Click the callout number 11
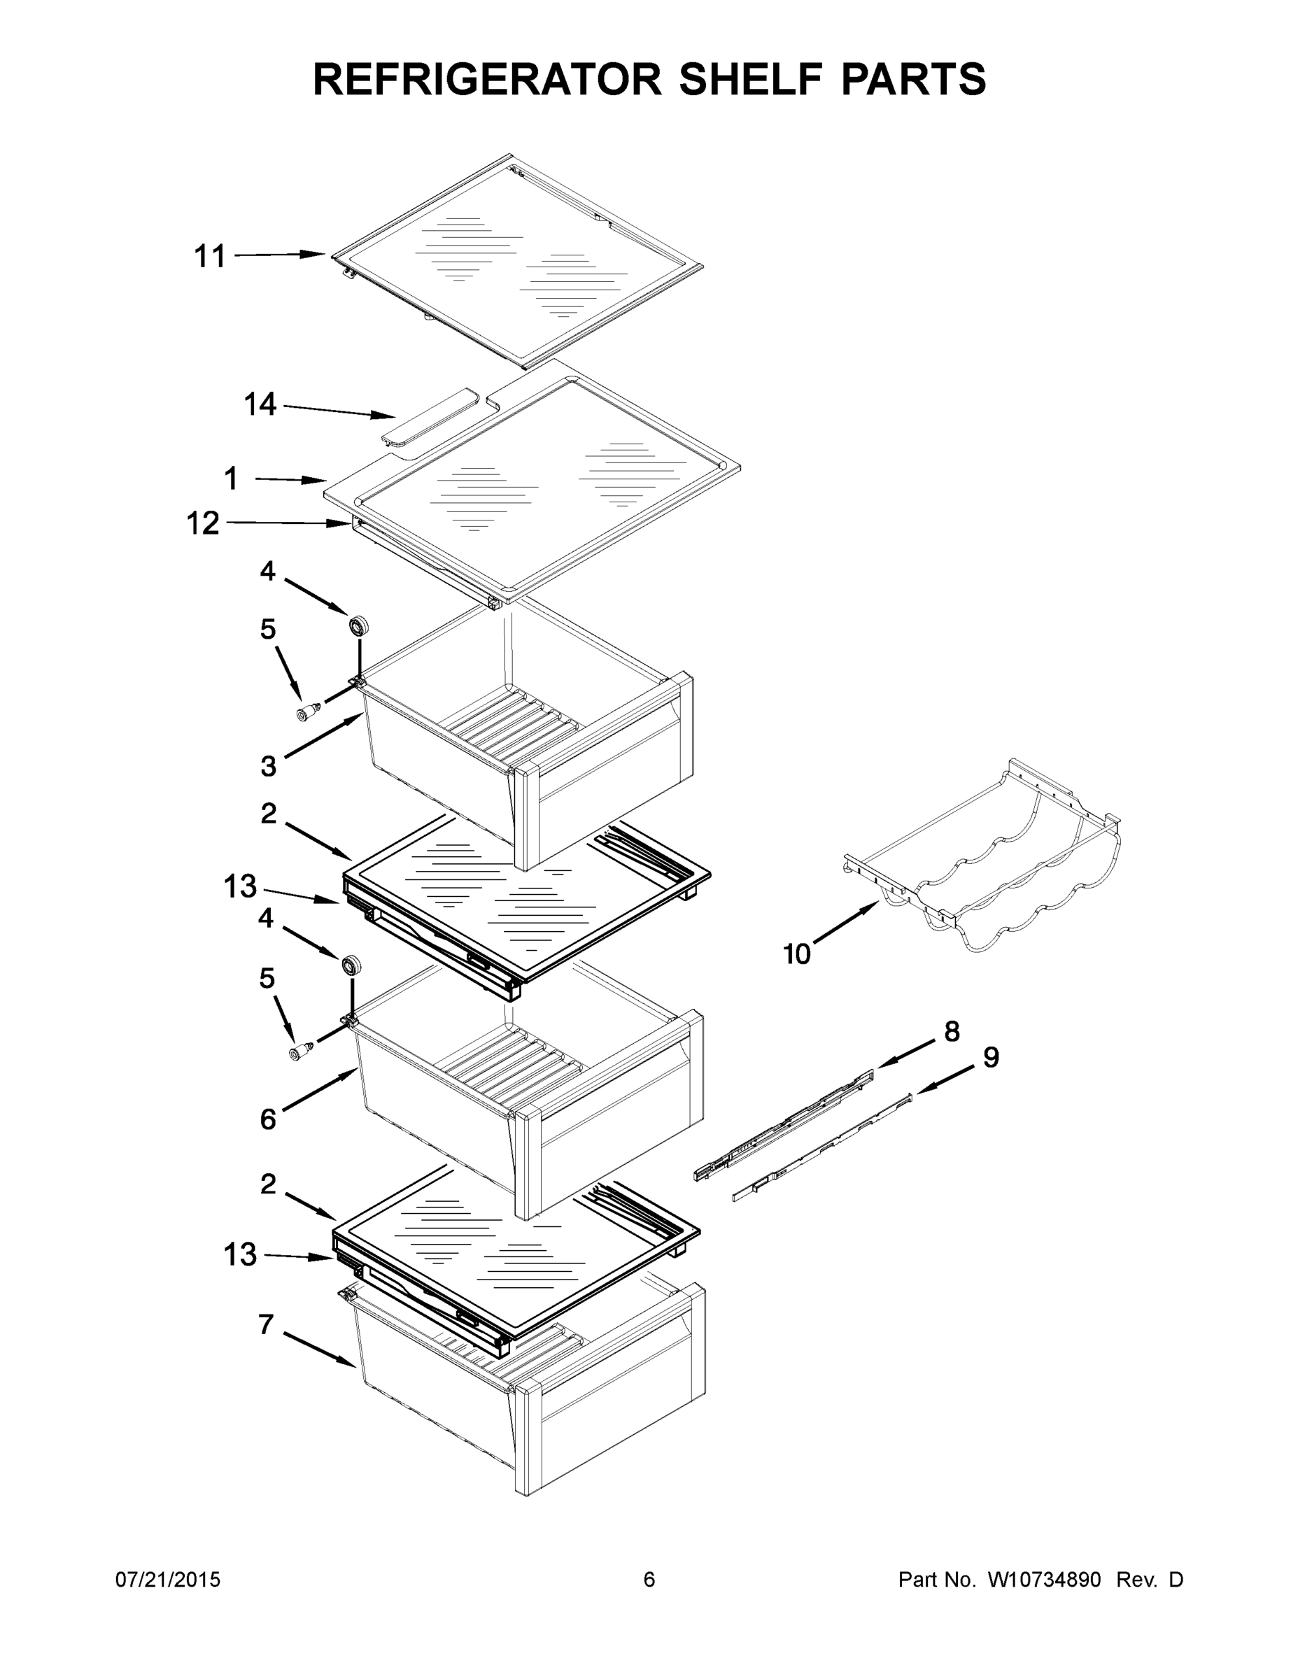coord(209,256)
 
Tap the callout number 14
coord(260,404)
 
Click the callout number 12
coord(203,523)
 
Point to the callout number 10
coord(796,954)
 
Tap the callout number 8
coord(951,1031)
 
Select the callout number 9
coord(992,1057)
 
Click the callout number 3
coord(267,766)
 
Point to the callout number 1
coord(231,479)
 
